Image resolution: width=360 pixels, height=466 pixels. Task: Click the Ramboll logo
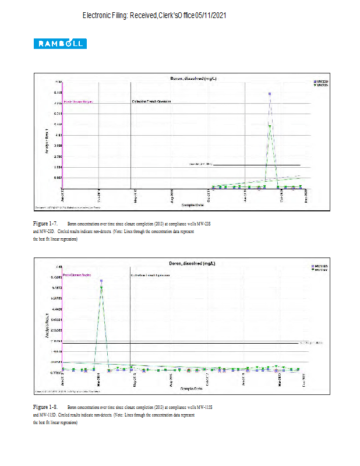(61, 44)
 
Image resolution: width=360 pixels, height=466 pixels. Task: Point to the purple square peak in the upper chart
(270, 93)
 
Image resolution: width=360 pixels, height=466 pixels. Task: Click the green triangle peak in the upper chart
(270, 125)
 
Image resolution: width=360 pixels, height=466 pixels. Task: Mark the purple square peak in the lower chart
(101, 281)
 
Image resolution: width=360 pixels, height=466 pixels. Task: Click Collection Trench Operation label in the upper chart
(151, 101)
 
